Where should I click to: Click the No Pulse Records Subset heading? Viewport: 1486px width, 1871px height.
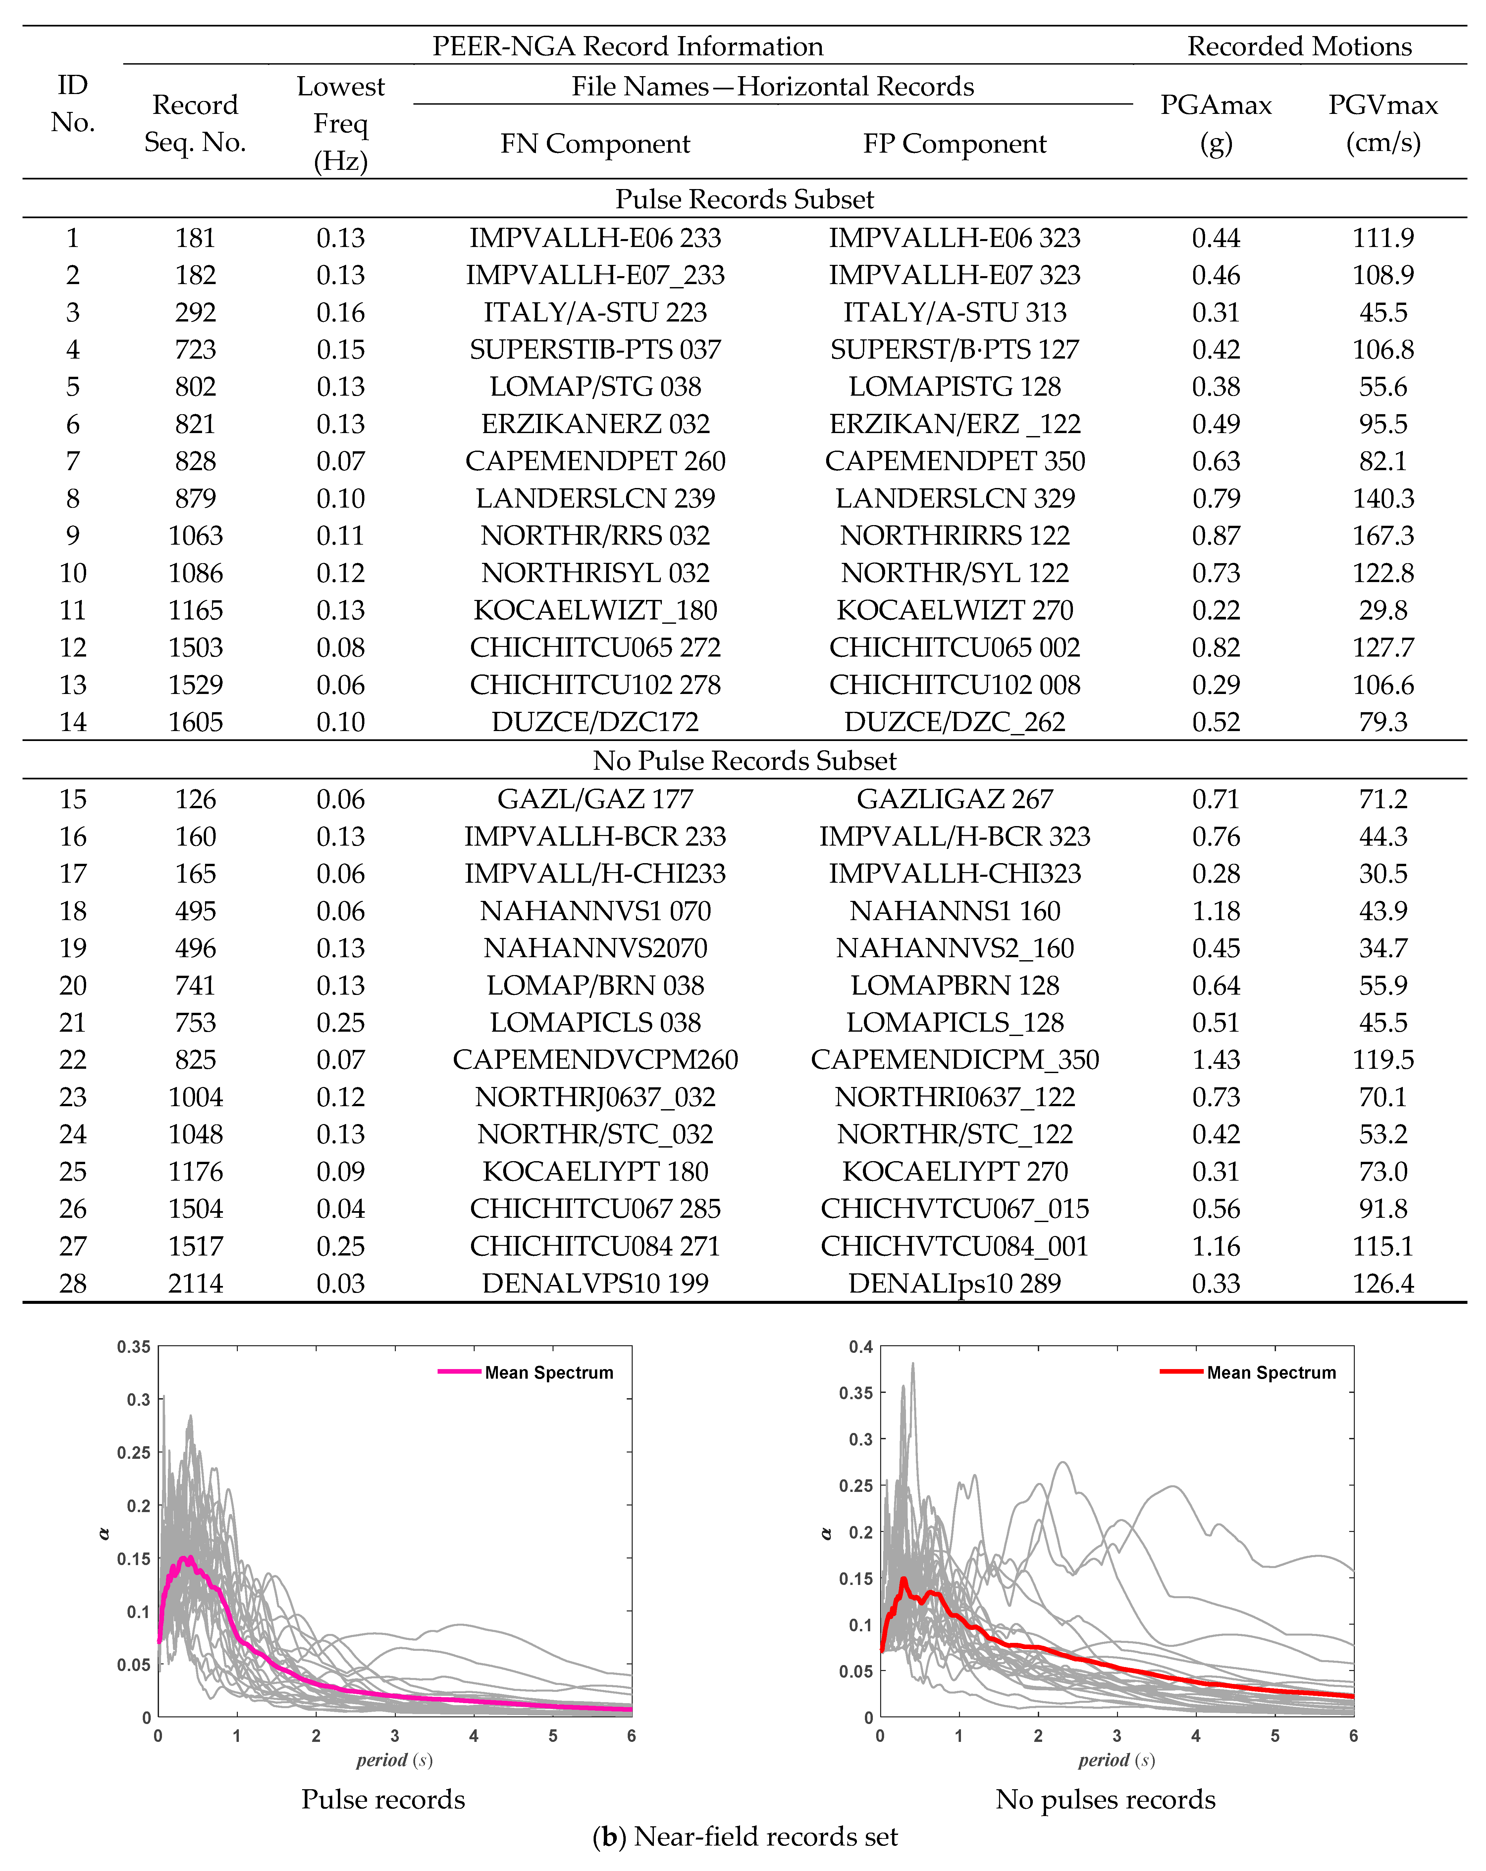coord(744,760)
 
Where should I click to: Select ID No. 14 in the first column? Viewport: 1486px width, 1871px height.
coord(73,722)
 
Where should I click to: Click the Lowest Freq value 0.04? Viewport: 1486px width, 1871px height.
coord(340,1209)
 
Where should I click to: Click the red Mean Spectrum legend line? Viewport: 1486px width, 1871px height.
coord(1181,1372)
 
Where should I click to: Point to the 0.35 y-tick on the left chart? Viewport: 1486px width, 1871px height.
coord(134,1347)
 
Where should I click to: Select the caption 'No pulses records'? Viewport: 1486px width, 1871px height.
coord(1105,1799)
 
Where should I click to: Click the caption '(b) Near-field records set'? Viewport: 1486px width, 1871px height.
coord(744,1836)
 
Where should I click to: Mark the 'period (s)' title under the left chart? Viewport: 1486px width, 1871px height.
coord(394,1760)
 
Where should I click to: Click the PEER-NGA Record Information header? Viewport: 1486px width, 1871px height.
coord(627,46)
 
